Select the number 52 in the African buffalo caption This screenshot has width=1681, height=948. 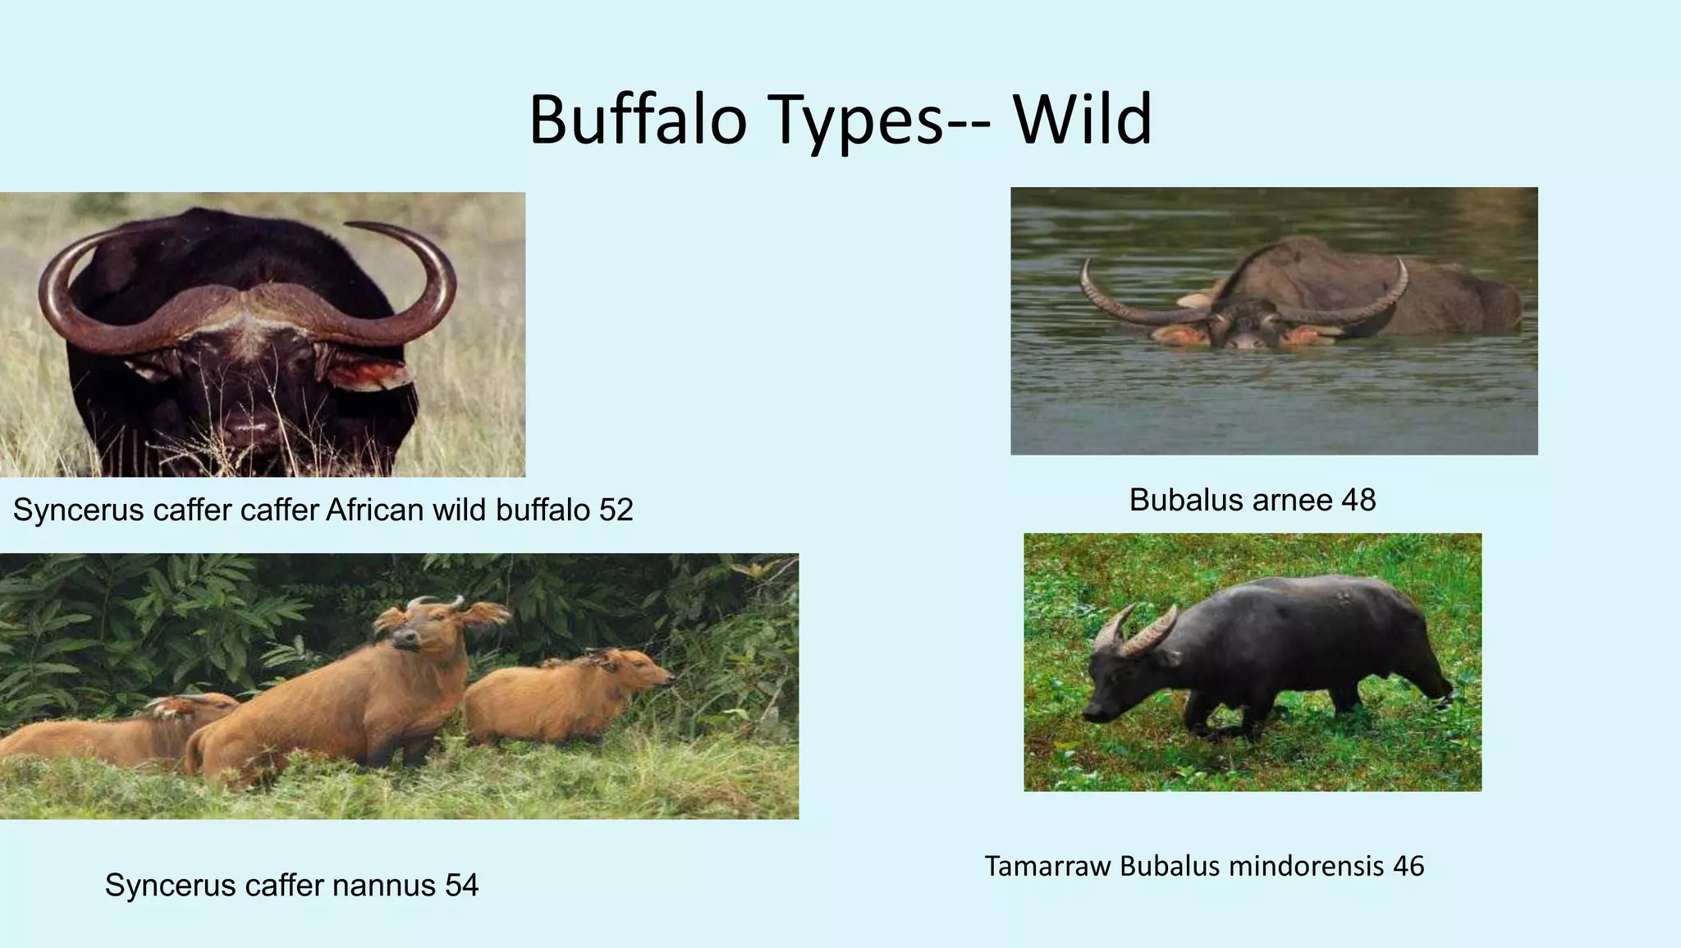616,511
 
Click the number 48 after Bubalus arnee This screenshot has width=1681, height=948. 1358,500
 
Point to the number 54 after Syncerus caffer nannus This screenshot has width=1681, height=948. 461,885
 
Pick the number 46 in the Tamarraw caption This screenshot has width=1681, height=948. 1408,866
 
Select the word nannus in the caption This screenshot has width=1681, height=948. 384,885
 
